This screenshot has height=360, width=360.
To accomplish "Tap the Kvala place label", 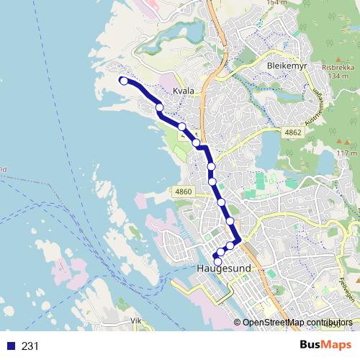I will (x=184, y=91).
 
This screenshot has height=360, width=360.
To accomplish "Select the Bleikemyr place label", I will (x=286, y=66).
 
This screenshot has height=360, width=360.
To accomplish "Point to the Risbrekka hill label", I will (x=338, y=68).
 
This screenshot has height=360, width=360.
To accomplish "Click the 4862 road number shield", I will (x=292, y=132).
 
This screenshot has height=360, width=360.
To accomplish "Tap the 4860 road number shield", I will (x=184, y=192).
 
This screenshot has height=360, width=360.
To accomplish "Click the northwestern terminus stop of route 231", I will (x=124, y=81).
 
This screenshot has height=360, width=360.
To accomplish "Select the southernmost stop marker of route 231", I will (x=218, y=261).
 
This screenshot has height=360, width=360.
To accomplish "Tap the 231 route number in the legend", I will (x=30, y=346).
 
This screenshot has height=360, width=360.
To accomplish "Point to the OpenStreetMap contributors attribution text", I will (x=297, y=323).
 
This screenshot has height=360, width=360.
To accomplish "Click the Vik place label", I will (x=137, y=320).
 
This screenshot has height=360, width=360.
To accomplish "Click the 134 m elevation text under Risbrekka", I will (x=338, y=76).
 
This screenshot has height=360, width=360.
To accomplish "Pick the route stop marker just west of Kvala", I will (x=159, y=108).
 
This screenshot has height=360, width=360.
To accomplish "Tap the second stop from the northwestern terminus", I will (x=159, y=108).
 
